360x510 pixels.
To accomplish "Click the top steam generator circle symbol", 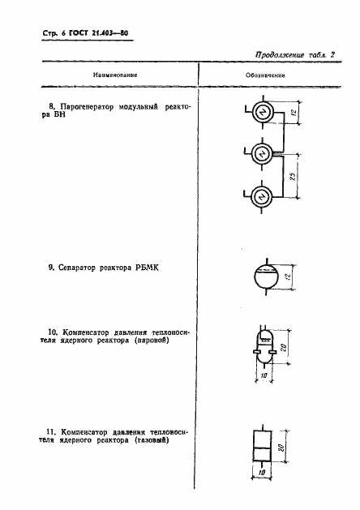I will click(x=262, y=114).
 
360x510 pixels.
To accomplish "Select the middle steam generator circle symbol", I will click(x=262, y=153).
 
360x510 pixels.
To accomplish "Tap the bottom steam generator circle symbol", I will click(x=262, y=195).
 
